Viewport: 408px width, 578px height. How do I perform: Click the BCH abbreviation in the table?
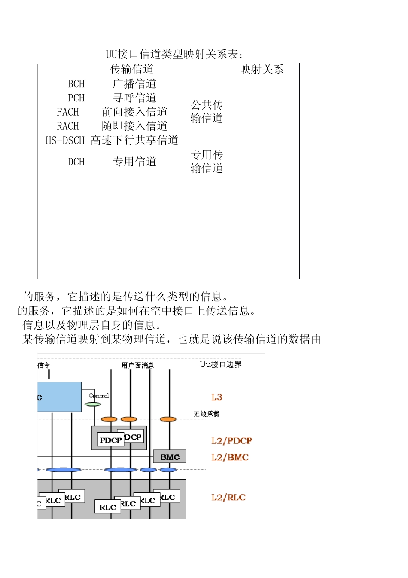pyautogui.click(x=76, y=84)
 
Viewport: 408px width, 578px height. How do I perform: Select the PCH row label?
pyautogui.click(x=76, y=98)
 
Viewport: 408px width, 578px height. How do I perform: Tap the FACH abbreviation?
pyautogui.click(x=68, y=112)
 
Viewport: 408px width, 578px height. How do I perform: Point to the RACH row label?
pyautogui.click(x=68, y=126)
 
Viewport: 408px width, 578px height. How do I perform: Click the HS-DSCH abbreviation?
pyautogui.click(x=65, y=141)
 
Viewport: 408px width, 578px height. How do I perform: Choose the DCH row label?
pyautogui.click(x=76, y=162)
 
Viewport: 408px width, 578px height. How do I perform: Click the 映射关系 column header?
pyautogui.click(x=262, y=70)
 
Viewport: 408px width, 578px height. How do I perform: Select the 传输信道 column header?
pyautogui.click(x=132, y=69)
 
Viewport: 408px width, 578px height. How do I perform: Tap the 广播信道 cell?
pyautogui.click(x=134, y=84)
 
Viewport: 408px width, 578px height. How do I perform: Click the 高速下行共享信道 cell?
pyautogui.click(x=134, y=141)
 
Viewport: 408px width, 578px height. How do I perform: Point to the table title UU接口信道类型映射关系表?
pyautogui.click(x=174, y=55)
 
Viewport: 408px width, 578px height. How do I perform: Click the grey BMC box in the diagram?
pyautogui.click(x=170, y=457)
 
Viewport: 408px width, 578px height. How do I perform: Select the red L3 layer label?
pyautogui.click(x=216, y=397)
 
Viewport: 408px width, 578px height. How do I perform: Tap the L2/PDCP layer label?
pyautogui.click(x=231, y=441)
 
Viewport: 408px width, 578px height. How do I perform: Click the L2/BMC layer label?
pyautogui.click(x=230, y=457)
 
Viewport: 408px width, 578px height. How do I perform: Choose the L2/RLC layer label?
pyautogui.click(x=228, y=498)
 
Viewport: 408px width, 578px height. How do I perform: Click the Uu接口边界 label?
pyautogui.click(x=220, y=364)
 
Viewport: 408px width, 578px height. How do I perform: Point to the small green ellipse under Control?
pyautogui.click(x=93, y=404)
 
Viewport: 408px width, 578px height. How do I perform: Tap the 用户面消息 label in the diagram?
pyautogui.click(x=137, y=365)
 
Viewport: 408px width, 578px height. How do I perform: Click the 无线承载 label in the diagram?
pyautogui.click(x=206, y=414)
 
